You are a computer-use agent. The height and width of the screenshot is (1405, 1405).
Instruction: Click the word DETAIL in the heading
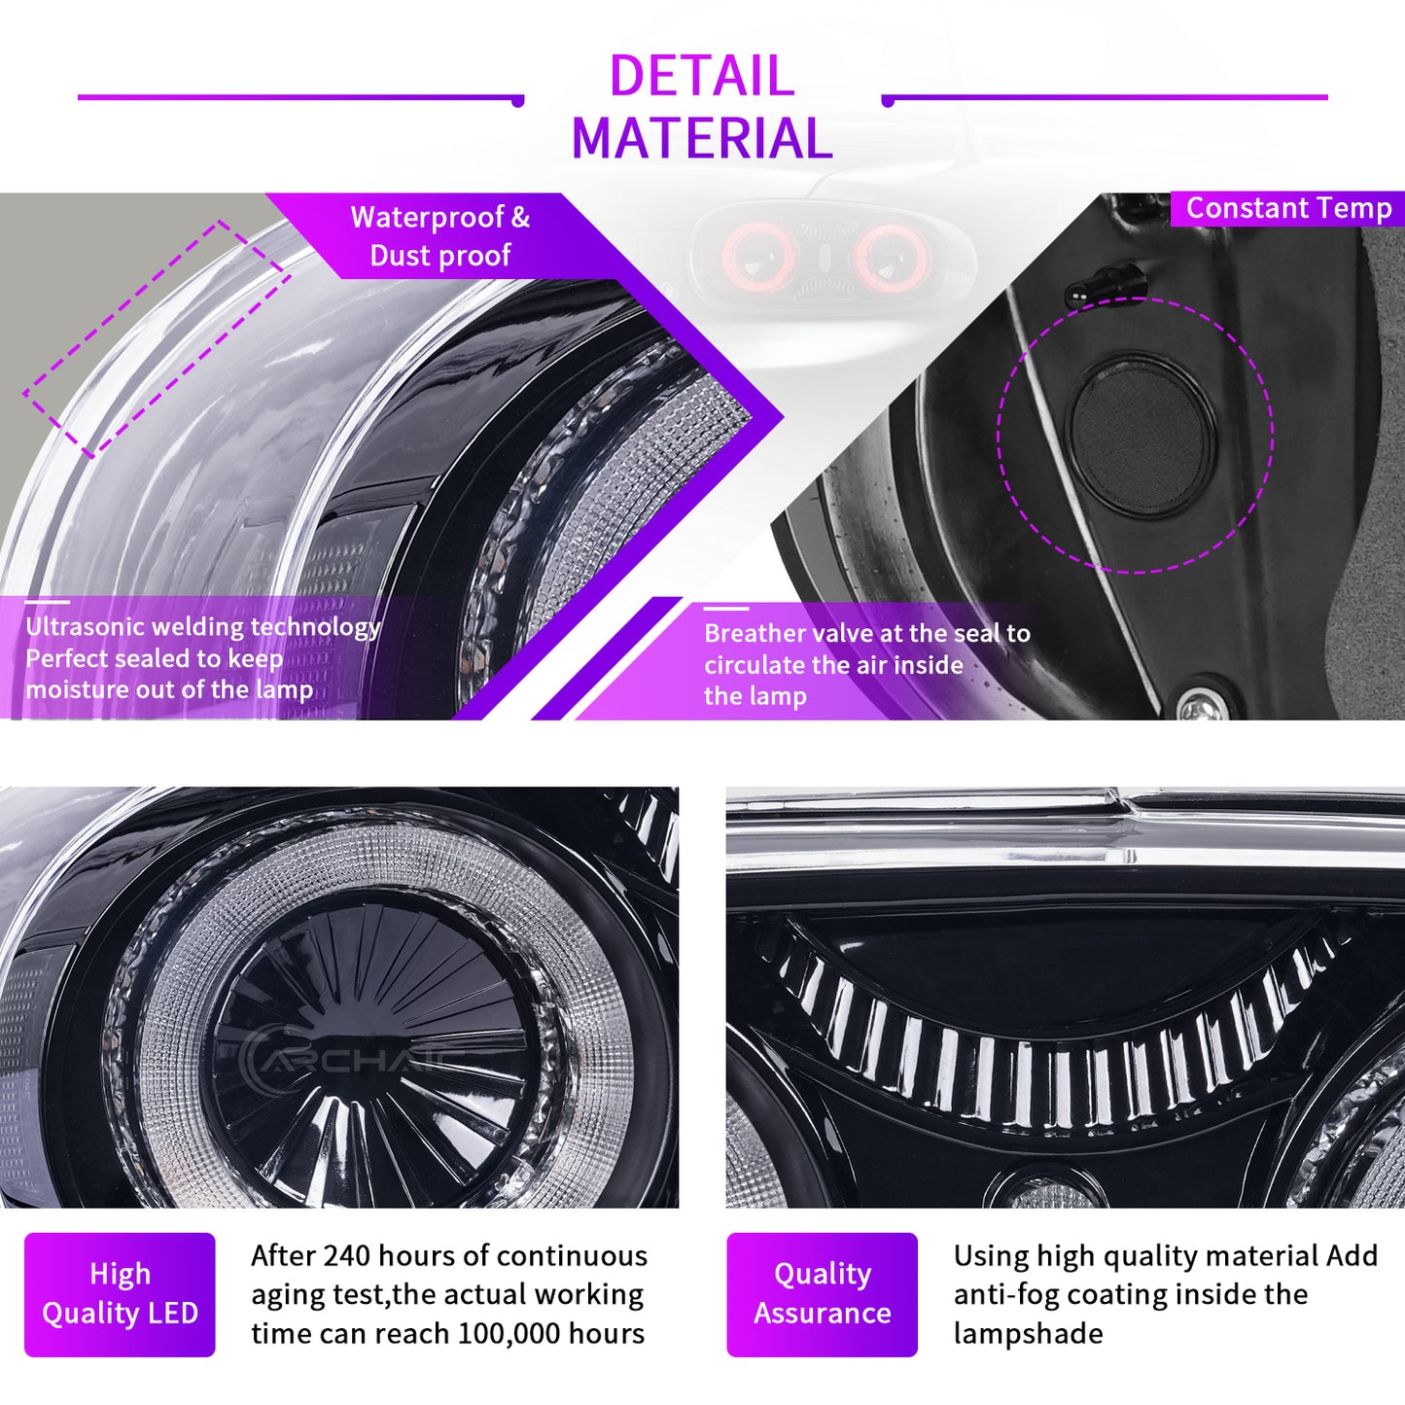[x=701, y=75]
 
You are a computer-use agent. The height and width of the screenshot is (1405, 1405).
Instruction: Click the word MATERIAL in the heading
[x=701, y=138]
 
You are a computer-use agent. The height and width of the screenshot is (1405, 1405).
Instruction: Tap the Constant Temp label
[x=1288, y=208]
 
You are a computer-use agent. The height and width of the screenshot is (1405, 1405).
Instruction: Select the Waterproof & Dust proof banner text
[x=439, y=236]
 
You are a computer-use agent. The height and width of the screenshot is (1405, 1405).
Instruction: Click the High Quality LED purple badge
[x=120, y=1293]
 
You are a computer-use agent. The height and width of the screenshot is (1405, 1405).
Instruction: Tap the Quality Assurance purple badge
[x=822, y=1293]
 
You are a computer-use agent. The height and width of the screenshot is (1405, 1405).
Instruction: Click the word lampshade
[x=1028, y=1334]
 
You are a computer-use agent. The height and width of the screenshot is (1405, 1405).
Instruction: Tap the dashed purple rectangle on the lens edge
[x=157, y=339]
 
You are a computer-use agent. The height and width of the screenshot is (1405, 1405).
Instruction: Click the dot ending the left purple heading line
[x=518, y=101]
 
